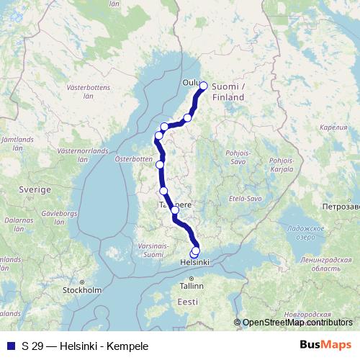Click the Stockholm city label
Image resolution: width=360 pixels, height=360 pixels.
81,291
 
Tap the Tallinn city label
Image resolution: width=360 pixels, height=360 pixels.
192,286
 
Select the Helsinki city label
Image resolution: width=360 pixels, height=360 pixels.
194,263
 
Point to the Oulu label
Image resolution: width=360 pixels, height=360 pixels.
191,83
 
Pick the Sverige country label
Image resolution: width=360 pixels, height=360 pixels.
35,189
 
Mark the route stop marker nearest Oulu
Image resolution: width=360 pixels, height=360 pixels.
203,86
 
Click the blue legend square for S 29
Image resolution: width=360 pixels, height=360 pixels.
10,346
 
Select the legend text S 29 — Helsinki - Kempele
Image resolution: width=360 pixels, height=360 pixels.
85,346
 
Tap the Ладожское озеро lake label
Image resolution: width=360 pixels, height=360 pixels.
295,233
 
